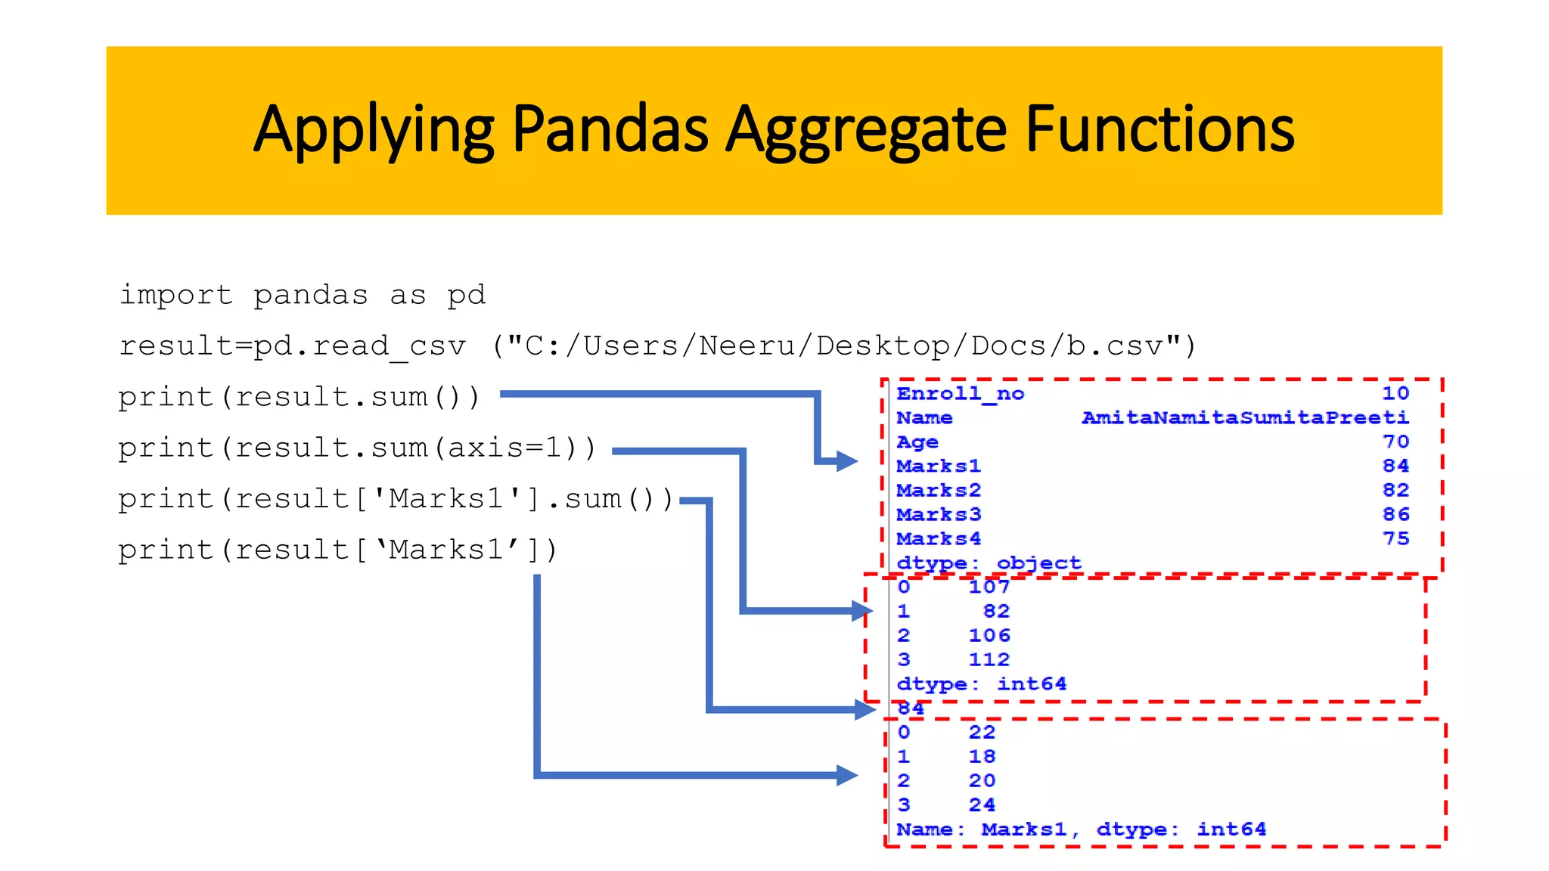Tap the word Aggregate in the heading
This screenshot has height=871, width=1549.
[x=866, y=130]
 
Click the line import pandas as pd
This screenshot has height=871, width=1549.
[x=303, y=295]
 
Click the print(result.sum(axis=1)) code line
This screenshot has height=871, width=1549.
[x=357, y=448]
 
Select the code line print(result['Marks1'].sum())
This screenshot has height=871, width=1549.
[x=396, y=499]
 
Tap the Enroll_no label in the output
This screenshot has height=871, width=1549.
[x=960, y=394]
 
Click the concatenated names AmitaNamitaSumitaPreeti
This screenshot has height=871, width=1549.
[x=1245, y=418]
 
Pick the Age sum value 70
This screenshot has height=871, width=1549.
[x=1395, y=442]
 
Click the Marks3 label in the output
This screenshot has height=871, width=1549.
[x=939, y=515]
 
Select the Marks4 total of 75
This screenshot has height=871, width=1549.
[x=1395, y=539]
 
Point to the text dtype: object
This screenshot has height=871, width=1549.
[x=989, y=563]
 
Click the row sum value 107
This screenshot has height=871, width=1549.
[x=989, y=587]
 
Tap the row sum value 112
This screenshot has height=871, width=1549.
[x=989, y=660]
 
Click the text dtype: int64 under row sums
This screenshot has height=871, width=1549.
[x=981, y=684]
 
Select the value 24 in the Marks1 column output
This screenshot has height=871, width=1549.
[x=982, y=805]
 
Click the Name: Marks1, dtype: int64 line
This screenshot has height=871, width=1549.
[x=1081, y=829]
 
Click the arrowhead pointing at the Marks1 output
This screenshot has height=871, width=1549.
[x=846, y=775]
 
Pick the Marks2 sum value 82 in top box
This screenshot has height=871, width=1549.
[x=1395, y=491]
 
